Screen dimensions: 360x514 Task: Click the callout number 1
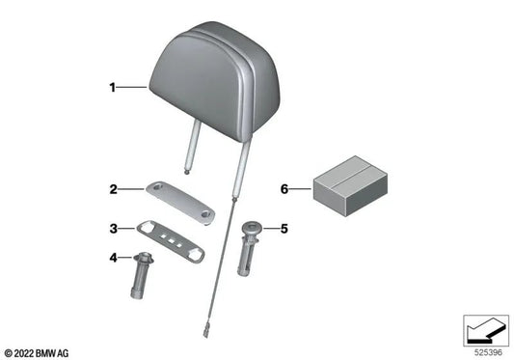(112, 88)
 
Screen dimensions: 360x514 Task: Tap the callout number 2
(112, 189)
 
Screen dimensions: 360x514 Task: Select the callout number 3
(112, 229)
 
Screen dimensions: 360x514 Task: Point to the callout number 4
(112, 258)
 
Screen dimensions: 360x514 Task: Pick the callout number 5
(284, 229)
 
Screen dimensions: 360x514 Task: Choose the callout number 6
(284, 189)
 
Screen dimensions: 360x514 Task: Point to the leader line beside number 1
(132, 88)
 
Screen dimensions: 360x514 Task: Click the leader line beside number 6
(300, 189)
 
